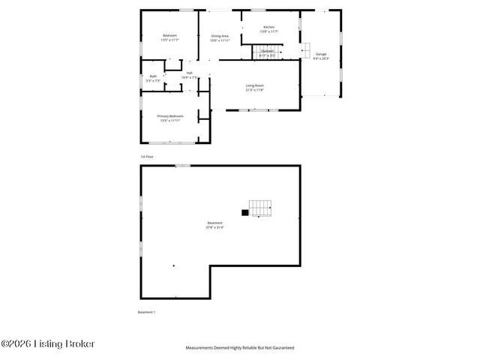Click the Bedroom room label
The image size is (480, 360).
[169, 35]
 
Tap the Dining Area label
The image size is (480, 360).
[220, 35]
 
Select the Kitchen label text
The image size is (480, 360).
[268, 27]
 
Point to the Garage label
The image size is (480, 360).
[320, 54]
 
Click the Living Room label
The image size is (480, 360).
[254, 85]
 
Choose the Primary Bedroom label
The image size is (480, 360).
[170, 116]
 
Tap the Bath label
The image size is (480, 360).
[153, 76]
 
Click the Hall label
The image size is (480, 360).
[190, 73]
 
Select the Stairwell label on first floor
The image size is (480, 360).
[267, 51]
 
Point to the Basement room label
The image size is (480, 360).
[214, 223]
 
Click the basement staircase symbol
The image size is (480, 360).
[260, 208]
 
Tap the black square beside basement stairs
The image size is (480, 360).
[244, 213]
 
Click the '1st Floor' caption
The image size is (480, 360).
[147, 157]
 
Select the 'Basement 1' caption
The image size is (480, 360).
[146, 311]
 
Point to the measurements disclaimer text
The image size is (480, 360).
[240, 348]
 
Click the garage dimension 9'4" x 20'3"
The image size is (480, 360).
[320, 58]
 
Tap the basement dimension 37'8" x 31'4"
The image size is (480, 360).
[214, 227]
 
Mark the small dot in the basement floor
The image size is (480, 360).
[173, 265]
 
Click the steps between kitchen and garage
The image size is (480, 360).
[305, 49]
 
